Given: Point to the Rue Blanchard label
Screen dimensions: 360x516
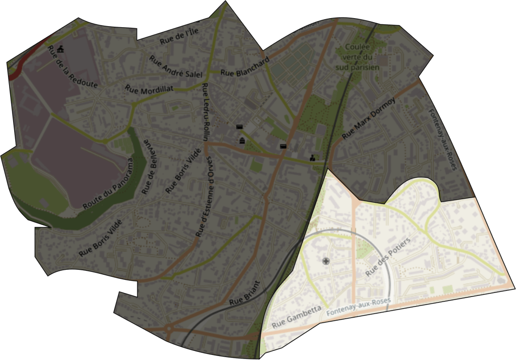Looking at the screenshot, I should (245, 67).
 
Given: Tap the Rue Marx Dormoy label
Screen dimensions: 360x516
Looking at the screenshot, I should (369, 118).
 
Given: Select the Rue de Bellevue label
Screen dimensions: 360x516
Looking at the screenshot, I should (150, 165).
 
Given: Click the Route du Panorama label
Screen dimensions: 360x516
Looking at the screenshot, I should (109, 184).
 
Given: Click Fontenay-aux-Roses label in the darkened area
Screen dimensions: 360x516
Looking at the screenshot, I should (442, 140).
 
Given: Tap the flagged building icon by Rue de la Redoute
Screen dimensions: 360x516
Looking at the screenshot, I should (62, 49).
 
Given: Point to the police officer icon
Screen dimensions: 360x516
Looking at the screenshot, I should (313, 157).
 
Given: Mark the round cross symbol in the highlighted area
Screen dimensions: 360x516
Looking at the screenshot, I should (326, 261).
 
